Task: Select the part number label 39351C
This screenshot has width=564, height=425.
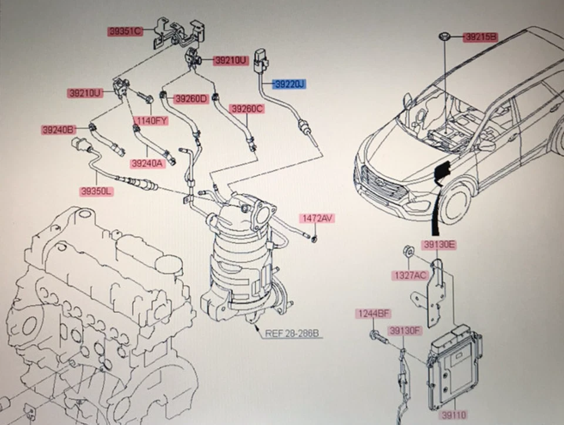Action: (125, 31)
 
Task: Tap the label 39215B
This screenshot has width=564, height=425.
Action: (480, 37)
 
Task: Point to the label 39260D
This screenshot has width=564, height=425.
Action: (192, 99)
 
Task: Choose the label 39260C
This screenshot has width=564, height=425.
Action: (247, 109)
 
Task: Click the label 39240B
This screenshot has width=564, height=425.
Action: (58, 129)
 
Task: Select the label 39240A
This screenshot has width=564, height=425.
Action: (148, 163)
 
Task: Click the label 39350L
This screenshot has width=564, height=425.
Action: (97, 191)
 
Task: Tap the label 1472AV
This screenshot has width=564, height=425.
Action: (317, 218)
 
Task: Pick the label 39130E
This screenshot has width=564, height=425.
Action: (438, 245)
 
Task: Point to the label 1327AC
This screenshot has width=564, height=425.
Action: (409, 275)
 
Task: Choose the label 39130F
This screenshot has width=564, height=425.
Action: (405, 331)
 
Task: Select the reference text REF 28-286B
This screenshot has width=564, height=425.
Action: (291, 333)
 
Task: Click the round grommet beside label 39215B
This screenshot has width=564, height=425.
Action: (445, 38)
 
